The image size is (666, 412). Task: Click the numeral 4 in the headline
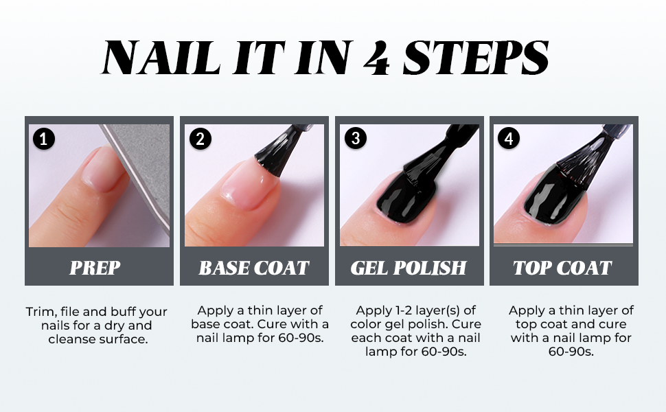[376, 58]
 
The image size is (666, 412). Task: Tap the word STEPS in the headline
[476, 58]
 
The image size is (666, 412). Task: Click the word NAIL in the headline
[161, 58]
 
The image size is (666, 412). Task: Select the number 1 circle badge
[43, 139]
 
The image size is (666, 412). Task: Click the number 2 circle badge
[200, 139]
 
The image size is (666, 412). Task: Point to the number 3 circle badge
[356, 138]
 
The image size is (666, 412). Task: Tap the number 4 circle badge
[508, 138]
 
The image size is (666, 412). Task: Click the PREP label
[95, 268]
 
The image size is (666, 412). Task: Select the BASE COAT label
[254, 268]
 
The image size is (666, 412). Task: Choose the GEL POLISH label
[409, 268]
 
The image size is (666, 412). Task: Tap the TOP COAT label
[562, 268]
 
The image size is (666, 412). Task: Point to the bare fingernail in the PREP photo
[101, 170]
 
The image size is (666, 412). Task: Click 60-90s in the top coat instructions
[571, 352]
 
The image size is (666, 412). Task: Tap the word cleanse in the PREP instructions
[72, 339]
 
